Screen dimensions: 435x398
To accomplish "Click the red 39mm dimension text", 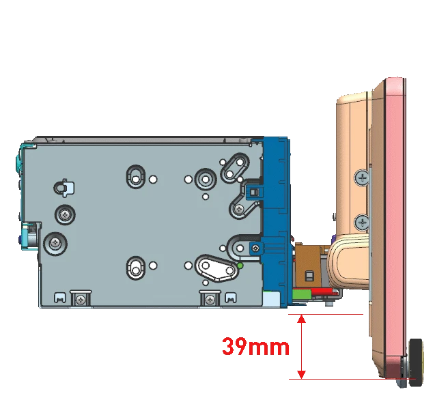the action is (x=255, y=347).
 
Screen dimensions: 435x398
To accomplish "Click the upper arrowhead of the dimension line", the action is (x=302, y=319).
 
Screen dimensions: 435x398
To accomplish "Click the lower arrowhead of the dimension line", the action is (x=302, y=374).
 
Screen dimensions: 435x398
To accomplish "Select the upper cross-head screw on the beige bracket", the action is (x=362, y=177).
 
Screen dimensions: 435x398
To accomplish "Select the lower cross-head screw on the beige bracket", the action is (x=362, y=222).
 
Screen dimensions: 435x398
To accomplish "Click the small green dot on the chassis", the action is (x=240, y=266).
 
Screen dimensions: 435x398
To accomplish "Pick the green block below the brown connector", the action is (x=302, y=294).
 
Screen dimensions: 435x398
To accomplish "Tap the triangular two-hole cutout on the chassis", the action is (x=216, y=268).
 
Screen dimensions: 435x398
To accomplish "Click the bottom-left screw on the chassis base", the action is (x=81, y=299).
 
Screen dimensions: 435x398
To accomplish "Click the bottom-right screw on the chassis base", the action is (x=210, y=299).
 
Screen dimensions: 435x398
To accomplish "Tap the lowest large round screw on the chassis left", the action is (x=55, y=244).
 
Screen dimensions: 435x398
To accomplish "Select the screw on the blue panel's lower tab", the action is (x=256, y=248).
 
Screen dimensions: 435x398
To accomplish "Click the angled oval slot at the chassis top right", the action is (x=235, y=168).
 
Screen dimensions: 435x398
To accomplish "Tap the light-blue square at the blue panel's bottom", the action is (x=271, y=299).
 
